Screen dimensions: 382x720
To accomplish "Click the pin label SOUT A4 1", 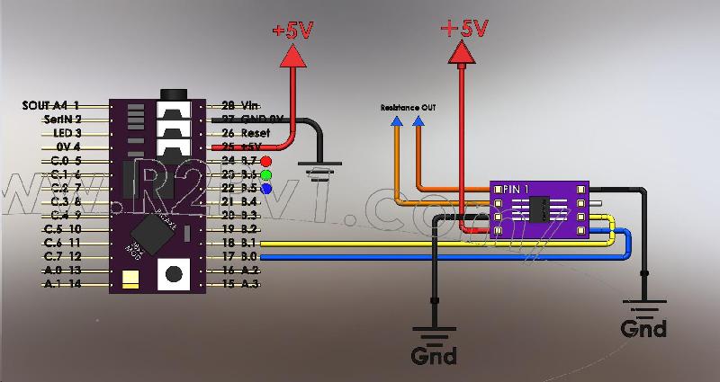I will [52, 105].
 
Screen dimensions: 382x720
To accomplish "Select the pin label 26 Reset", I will [240, 132].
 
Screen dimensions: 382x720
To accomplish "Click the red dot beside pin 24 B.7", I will [265, 162].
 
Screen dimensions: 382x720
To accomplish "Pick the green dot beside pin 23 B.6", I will [265, 175].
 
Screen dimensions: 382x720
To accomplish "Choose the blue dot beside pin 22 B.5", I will [265, 189].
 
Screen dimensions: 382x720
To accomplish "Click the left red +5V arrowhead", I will [292, 57].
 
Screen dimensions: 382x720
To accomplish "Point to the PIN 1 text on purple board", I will [517, 190].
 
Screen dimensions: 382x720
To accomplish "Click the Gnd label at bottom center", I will [433, 355].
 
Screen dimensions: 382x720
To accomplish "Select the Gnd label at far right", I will [643, 328].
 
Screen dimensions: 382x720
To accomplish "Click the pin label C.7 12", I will [63, 256].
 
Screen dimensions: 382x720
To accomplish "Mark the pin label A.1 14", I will [63, 283].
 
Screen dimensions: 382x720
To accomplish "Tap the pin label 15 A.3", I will [239, 283].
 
